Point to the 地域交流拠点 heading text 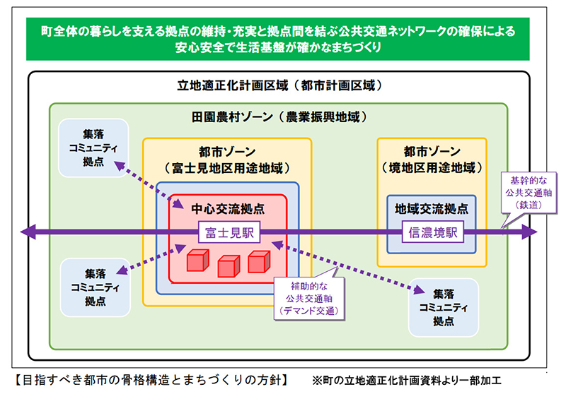pos(431,210)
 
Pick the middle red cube pos(227,268)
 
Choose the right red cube pos(258,262)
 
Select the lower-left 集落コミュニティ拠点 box pos(95,287)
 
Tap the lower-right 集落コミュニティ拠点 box pos(444,307)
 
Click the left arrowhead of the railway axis pos(28,232)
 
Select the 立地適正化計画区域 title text pos(280,87)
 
